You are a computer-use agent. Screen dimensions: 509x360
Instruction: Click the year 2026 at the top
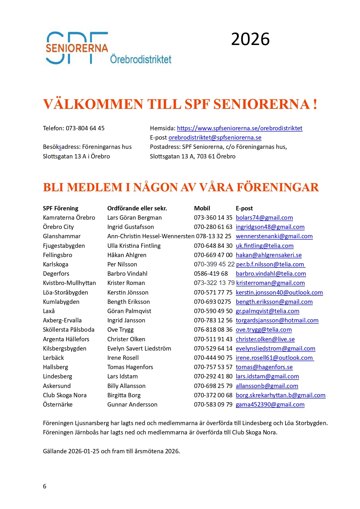coord(250,39)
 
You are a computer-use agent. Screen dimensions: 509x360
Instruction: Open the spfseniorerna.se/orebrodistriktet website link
coord(240,128)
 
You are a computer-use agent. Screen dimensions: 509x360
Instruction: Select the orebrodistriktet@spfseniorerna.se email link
coord(215,138)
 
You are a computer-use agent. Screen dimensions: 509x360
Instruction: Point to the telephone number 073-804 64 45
coord(85,128)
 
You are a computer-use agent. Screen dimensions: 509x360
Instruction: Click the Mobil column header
coord(202,208)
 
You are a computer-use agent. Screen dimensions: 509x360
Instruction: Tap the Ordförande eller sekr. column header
coord(137,208)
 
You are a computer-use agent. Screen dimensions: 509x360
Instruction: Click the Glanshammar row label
coord(61,236)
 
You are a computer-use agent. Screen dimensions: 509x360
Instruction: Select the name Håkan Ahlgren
coord(127,255)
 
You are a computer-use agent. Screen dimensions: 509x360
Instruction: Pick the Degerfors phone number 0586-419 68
coord(211,274)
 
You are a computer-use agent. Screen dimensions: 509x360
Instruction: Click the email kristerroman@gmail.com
coord(270,283)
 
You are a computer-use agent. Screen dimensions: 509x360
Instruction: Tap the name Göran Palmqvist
coord(129,311)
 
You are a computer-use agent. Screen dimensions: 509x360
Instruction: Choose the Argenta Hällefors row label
coord(66,339)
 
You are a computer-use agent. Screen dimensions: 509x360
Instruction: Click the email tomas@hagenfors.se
coord(264,367)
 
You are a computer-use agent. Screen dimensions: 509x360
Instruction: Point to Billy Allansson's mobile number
coord(213,386)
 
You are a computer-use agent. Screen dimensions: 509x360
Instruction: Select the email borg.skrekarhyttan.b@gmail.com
coord(281,395)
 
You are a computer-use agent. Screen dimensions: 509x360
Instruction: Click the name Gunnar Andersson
coord(132,405)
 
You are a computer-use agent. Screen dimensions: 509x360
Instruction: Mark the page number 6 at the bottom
coord(45,486)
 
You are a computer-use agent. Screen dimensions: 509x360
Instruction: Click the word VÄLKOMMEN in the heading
coord(93,104)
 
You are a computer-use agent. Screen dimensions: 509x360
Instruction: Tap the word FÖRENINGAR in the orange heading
coord(278,187)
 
